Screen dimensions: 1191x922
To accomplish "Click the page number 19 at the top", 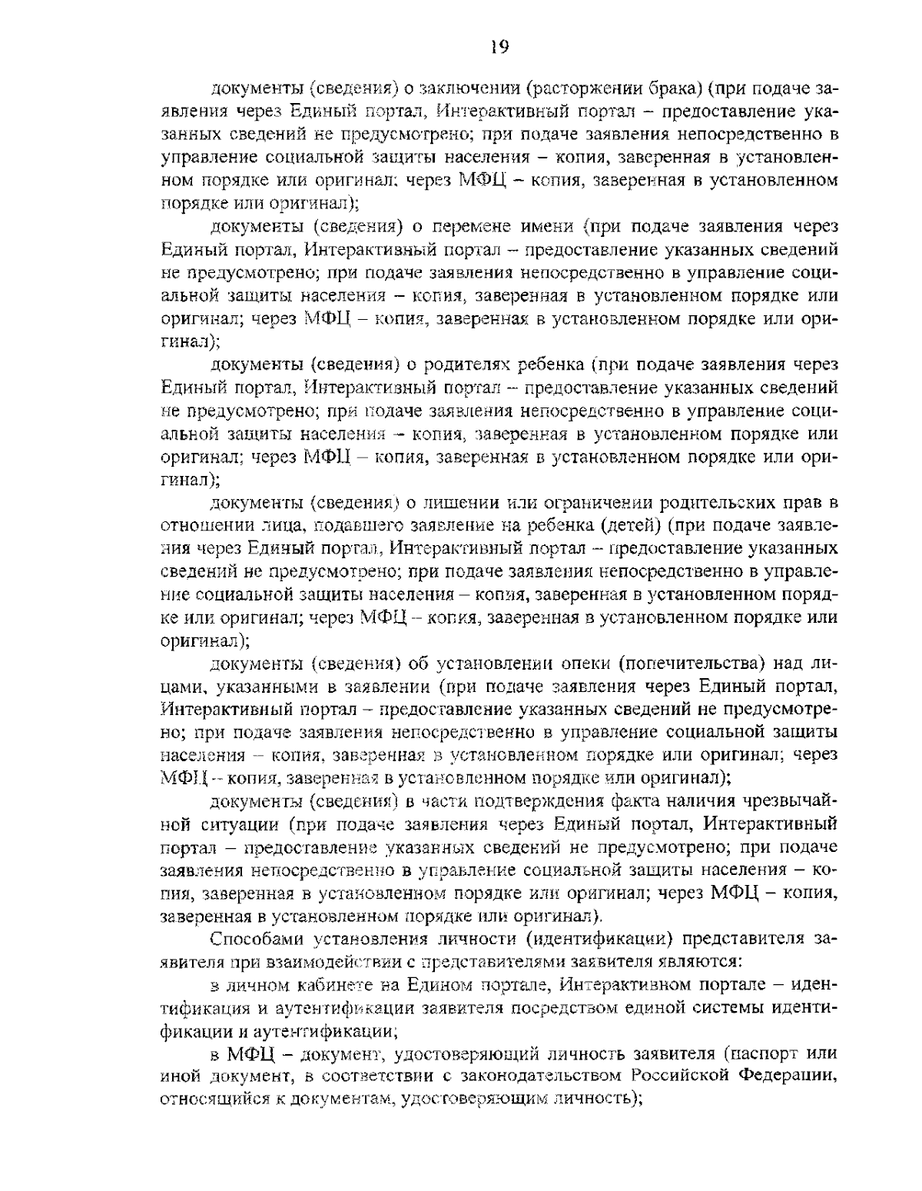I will [499, 48].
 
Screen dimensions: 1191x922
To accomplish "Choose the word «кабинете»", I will [331, 985].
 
